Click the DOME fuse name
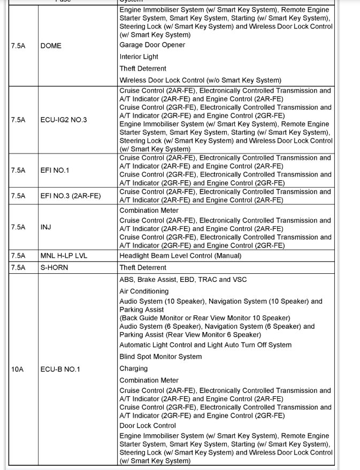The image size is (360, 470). [51, 46]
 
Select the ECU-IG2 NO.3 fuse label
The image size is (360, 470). [63, 120]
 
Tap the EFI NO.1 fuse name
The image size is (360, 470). [55, 171]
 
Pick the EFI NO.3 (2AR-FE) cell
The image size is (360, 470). [70, 196]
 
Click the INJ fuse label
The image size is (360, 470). [46, 227]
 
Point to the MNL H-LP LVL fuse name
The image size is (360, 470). [64, 256]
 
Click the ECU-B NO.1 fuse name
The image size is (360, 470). [60, 369]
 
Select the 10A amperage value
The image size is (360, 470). [17, 369]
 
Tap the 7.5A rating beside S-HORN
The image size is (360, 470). [18, 268]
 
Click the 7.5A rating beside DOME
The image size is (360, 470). [18, 46]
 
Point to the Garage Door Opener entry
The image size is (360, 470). [152, 45]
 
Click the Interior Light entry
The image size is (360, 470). [139, 57]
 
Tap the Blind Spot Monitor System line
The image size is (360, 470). [160, 357]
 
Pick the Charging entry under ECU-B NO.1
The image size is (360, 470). [133, 368]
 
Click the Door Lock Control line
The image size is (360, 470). [147, 426]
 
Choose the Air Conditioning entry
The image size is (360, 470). [143, 291]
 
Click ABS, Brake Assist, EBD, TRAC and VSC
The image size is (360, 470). [183, 280]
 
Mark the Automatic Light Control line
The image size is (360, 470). [205, 345]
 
